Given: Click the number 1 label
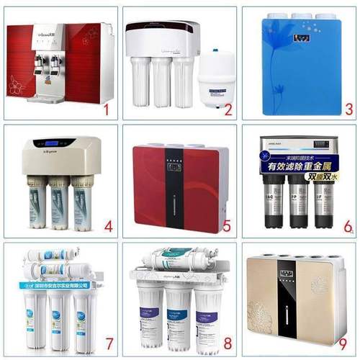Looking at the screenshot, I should (x=106, y=110).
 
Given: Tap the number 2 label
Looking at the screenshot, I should (x=228, y=109).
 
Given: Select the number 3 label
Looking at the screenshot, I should (x=348, y=110).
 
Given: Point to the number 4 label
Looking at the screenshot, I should (x=108, y=227).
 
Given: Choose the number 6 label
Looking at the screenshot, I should (x=348, y=227).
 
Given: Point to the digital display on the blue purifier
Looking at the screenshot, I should (x=297, y=33).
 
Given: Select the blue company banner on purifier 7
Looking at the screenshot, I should (x=54, y=285).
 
